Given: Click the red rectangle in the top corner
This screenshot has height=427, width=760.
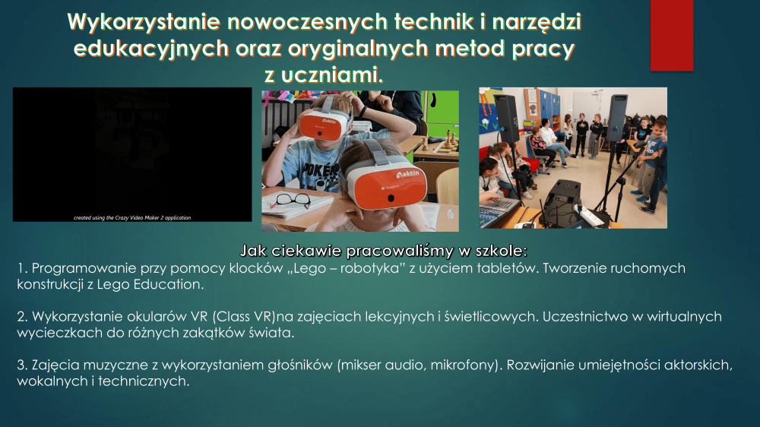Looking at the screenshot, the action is point(672,36).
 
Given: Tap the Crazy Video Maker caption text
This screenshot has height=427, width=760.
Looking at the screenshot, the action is point(132,217).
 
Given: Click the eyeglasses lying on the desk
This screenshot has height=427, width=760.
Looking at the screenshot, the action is point(291,200).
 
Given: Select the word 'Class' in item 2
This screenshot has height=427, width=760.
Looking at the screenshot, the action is point(230,317).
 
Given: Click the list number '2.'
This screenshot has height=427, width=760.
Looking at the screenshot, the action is point(22,317).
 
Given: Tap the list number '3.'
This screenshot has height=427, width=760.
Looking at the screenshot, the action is point(22,365).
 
